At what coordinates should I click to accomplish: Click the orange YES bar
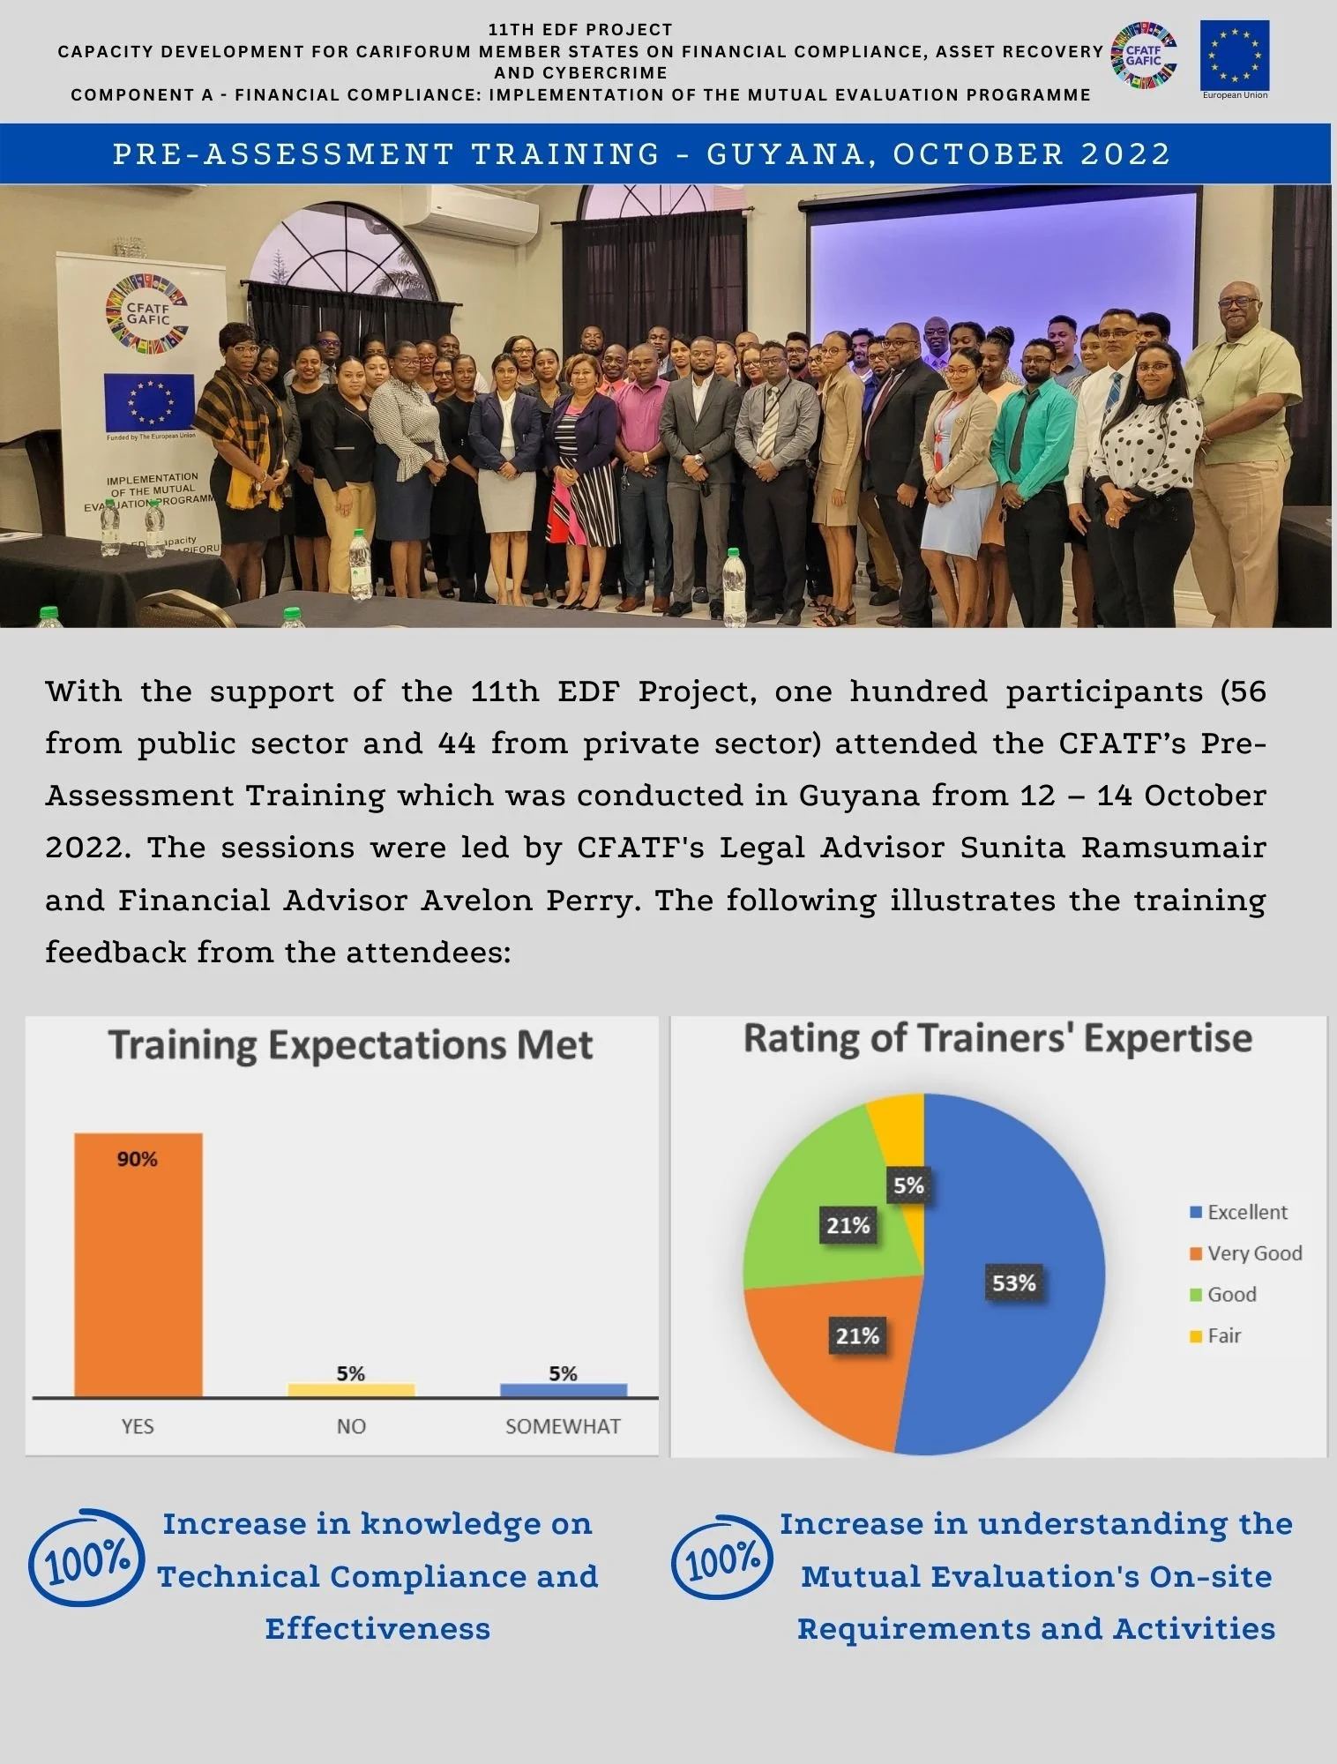(138, 1270)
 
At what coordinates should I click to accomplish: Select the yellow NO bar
(351, 1389)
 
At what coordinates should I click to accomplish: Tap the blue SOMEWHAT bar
(564, 1389)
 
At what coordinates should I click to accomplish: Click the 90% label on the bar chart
(138, 1159)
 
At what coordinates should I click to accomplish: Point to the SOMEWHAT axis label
(563, 1426)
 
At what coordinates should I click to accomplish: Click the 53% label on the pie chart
(1013, 1282)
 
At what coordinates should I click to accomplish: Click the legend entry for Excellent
(1238, 1212)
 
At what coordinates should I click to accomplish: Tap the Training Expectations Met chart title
(351, 1045)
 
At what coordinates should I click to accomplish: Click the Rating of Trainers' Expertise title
(997, 1038)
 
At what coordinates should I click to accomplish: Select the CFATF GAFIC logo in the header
(1144, 56)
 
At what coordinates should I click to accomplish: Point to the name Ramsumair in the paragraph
(1173, 848)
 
